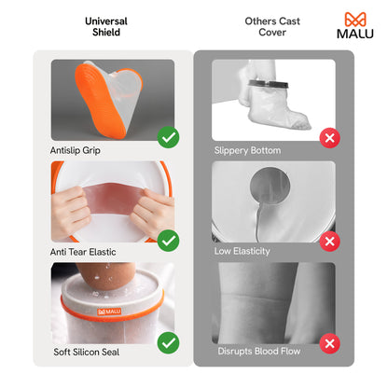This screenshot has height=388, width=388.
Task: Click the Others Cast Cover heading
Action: point(271,26)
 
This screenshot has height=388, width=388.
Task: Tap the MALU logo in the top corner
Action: point(353,26)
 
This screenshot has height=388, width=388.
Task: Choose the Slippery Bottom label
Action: point(248,149)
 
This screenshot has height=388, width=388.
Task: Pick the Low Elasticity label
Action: point(243,251)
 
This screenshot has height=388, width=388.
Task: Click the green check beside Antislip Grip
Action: point(168,138)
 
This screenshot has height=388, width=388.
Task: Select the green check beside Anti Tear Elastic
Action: point(168,241)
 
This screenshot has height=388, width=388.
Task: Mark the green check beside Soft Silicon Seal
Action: point(168,343)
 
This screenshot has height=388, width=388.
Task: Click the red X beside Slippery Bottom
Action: point(329,138)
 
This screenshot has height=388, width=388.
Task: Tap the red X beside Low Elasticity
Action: point(329,241)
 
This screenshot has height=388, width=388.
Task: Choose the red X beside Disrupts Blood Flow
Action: point(329,343)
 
